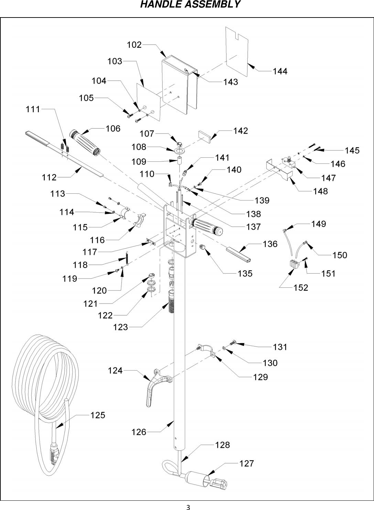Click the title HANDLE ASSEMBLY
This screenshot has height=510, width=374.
(190, 5)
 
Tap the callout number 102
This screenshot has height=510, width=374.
(134, 45)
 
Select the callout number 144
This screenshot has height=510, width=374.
(280, 71)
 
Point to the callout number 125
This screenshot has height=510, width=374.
(98, 415)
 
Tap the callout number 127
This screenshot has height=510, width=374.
(246, 463)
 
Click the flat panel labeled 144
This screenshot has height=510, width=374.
(237, 52)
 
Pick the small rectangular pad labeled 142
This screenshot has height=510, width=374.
(205, 136)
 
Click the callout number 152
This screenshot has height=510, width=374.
(301, 287)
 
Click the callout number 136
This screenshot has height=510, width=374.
(270, 244)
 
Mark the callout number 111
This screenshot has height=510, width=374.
(33, 109)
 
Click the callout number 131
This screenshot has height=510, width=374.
(280, 347)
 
